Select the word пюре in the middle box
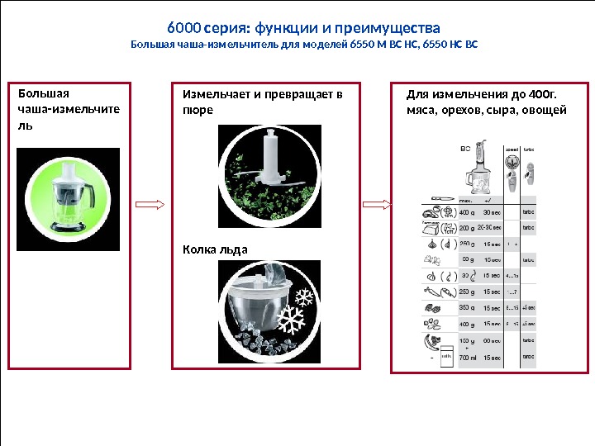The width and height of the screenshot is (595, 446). pos(198,109)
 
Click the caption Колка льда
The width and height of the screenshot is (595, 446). pos(215,249)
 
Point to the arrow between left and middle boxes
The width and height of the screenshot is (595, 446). pos(150,204)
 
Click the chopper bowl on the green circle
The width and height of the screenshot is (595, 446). pos(69,197)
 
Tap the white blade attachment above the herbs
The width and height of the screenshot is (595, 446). pos(269,157)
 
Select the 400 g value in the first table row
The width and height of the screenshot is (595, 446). pos(468,211)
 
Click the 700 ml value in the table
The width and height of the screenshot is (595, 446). pos(468,358)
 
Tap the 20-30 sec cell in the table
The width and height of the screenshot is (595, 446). pos(494,227)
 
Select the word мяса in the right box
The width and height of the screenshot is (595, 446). pos(421,109)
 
